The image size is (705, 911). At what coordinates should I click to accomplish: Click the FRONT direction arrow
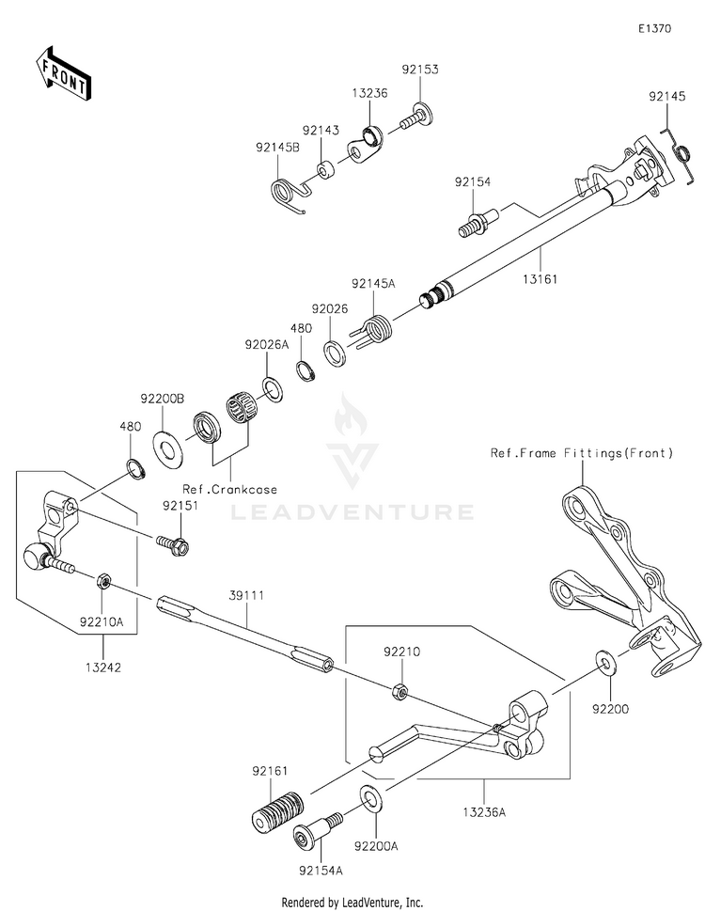pyautogui.click(x=63, y=73)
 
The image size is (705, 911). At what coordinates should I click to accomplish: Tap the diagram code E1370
pyautogui.click(x=654, y=28)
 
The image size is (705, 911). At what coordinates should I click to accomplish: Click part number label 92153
pyautogui.click(x=420, y=70)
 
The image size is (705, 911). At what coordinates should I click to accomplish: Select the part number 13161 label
pyautogui.click(x=540, y=279)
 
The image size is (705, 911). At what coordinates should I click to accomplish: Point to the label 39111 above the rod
pyautogui.click(x=246, y=595)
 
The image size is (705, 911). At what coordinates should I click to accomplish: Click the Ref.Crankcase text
pyautogui.click(x=229, y=489)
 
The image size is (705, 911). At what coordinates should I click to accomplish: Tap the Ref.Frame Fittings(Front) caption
pyautogui.click(x=582, y=452)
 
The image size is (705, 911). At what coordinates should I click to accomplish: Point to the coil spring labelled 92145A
pyautogui.click(x=374, y=331)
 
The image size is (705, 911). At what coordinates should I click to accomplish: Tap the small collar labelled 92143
pyautogui.click(x=327, y=169)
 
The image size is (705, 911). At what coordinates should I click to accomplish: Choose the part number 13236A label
pyautogui.click(x=484, y=811)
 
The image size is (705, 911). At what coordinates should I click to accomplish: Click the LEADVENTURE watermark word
pyautogui.click(x=352, y=511)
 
